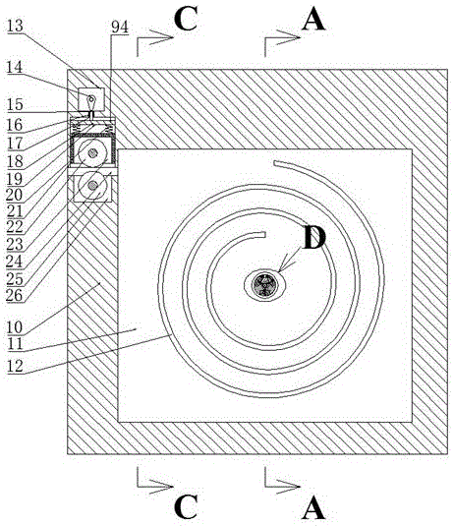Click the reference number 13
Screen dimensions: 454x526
15,27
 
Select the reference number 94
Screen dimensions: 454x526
120,28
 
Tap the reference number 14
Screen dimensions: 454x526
15,67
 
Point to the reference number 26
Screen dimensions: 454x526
14,295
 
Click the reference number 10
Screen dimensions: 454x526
15,326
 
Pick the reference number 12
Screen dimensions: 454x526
15,366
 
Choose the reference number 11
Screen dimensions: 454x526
15,344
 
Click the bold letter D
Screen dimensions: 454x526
314,238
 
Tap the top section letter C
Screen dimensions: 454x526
186,19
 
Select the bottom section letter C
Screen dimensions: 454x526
186,506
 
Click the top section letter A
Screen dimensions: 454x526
313,19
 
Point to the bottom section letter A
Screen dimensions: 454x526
313,507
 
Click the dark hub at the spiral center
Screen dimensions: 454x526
265,285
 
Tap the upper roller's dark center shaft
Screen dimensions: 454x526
92,153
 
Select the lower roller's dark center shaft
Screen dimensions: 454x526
92,185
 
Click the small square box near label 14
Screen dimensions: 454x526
91,99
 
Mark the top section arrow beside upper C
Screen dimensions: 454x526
154,41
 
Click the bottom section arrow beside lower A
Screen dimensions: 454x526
282,479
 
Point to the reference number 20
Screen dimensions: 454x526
15,195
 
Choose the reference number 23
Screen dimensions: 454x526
15,244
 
